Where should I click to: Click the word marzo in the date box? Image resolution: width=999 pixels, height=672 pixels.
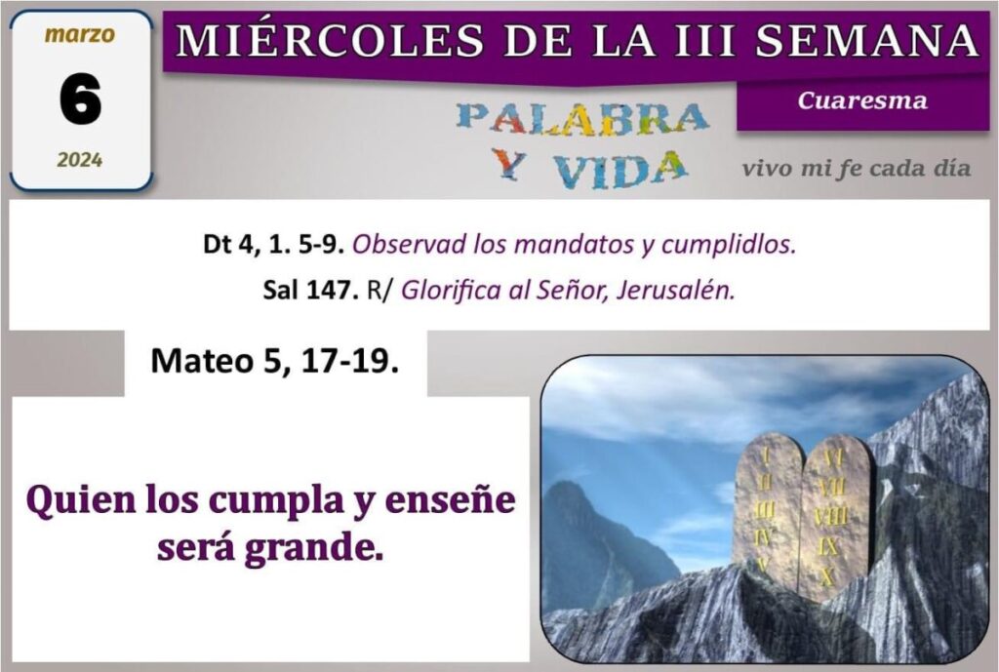(x=80, y=34)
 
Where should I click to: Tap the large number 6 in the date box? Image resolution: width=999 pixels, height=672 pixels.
(x=80, y=99)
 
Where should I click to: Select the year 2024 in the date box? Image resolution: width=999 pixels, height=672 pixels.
(x=80, y=159)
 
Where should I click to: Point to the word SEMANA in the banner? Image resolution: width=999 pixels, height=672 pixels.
(x=867, y=39)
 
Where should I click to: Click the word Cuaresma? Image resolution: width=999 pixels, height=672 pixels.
(x=862, y=100)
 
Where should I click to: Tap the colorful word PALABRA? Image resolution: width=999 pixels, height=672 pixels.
(x=582, y=120)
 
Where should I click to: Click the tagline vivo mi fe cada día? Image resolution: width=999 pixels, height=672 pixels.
(x=857, y=168)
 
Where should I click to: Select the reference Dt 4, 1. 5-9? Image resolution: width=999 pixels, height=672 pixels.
(x=274, y=244)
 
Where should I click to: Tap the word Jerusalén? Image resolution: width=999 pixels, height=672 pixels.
(x=676, y=290)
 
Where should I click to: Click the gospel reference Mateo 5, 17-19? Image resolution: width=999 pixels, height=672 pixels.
(x=274, y=361)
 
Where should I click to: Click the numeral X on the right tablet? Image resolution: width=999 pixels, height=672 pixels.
(x=827, y=575)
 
